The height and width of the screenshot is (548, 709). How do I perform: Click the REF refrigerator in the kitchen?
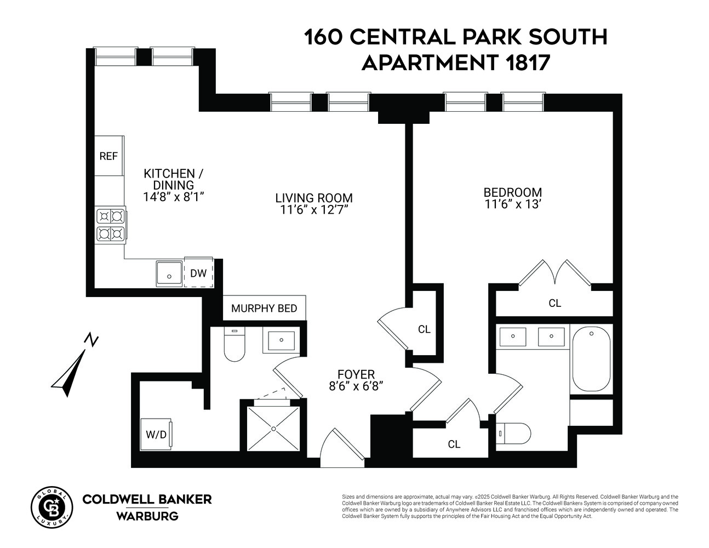[x=108, y=156]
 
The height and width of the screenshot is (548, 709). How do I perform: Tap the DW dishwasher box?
[x=198, y=272]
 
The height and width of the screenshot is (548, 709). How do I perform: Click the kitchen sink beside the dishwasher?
[x=169, y=273]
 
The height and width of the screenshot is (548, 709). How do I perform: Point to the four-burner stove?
[x=110, y=225]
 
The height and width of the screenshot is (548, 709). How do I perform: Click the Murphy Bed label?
[x=264, y=308]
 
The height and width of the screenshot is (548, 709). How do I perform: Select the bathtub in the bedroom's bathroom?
[x=591, y=359]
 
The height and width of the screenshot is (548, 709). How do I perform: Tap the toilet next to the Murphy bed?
[x=235, y=345]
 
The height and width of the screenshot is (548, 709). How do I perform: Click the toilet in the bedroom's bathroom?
[x=514, y=433]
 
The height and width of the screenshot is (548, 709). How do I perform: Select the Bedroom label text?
[x=512, y=192]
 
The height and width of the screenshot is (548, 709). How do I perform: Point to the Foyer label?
[x=356, y=374]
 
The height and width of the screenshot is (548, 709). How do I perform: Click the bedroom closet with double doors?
[x=554, y=303]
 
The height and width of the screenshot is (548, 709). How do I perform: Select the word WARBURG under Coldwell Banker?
[x=147, y=516]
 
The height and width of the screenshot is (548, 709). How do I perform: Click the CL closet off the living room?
[x=424, y=329]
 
